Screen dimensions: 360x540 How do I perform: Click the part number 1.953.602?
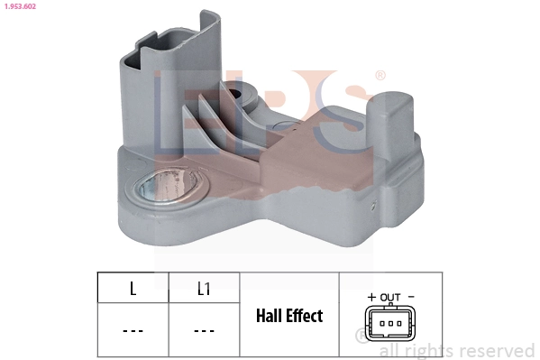21,6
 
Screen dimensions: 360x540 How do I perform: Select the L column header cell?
133,290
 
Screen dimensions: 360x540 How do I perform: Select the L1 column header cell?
204,290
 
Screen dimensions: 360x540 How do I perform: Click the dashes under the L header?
133,330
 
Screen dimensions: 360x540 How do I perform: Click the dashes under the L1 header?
204,330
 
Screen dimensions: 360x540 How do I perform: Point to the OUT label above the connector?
390,297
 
